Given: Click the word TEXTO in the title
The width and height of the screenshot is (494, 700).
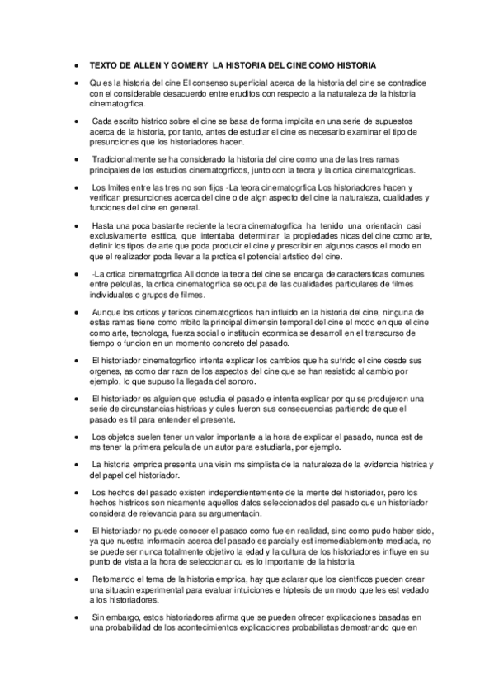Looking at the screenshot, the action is coord(103,64).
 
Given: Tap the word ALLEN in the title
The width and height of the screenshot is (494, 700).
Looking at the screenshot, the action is coord(145,64).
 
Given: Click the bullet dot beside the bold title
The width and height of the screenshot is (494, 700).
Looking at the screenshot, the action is coord(76,64).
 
